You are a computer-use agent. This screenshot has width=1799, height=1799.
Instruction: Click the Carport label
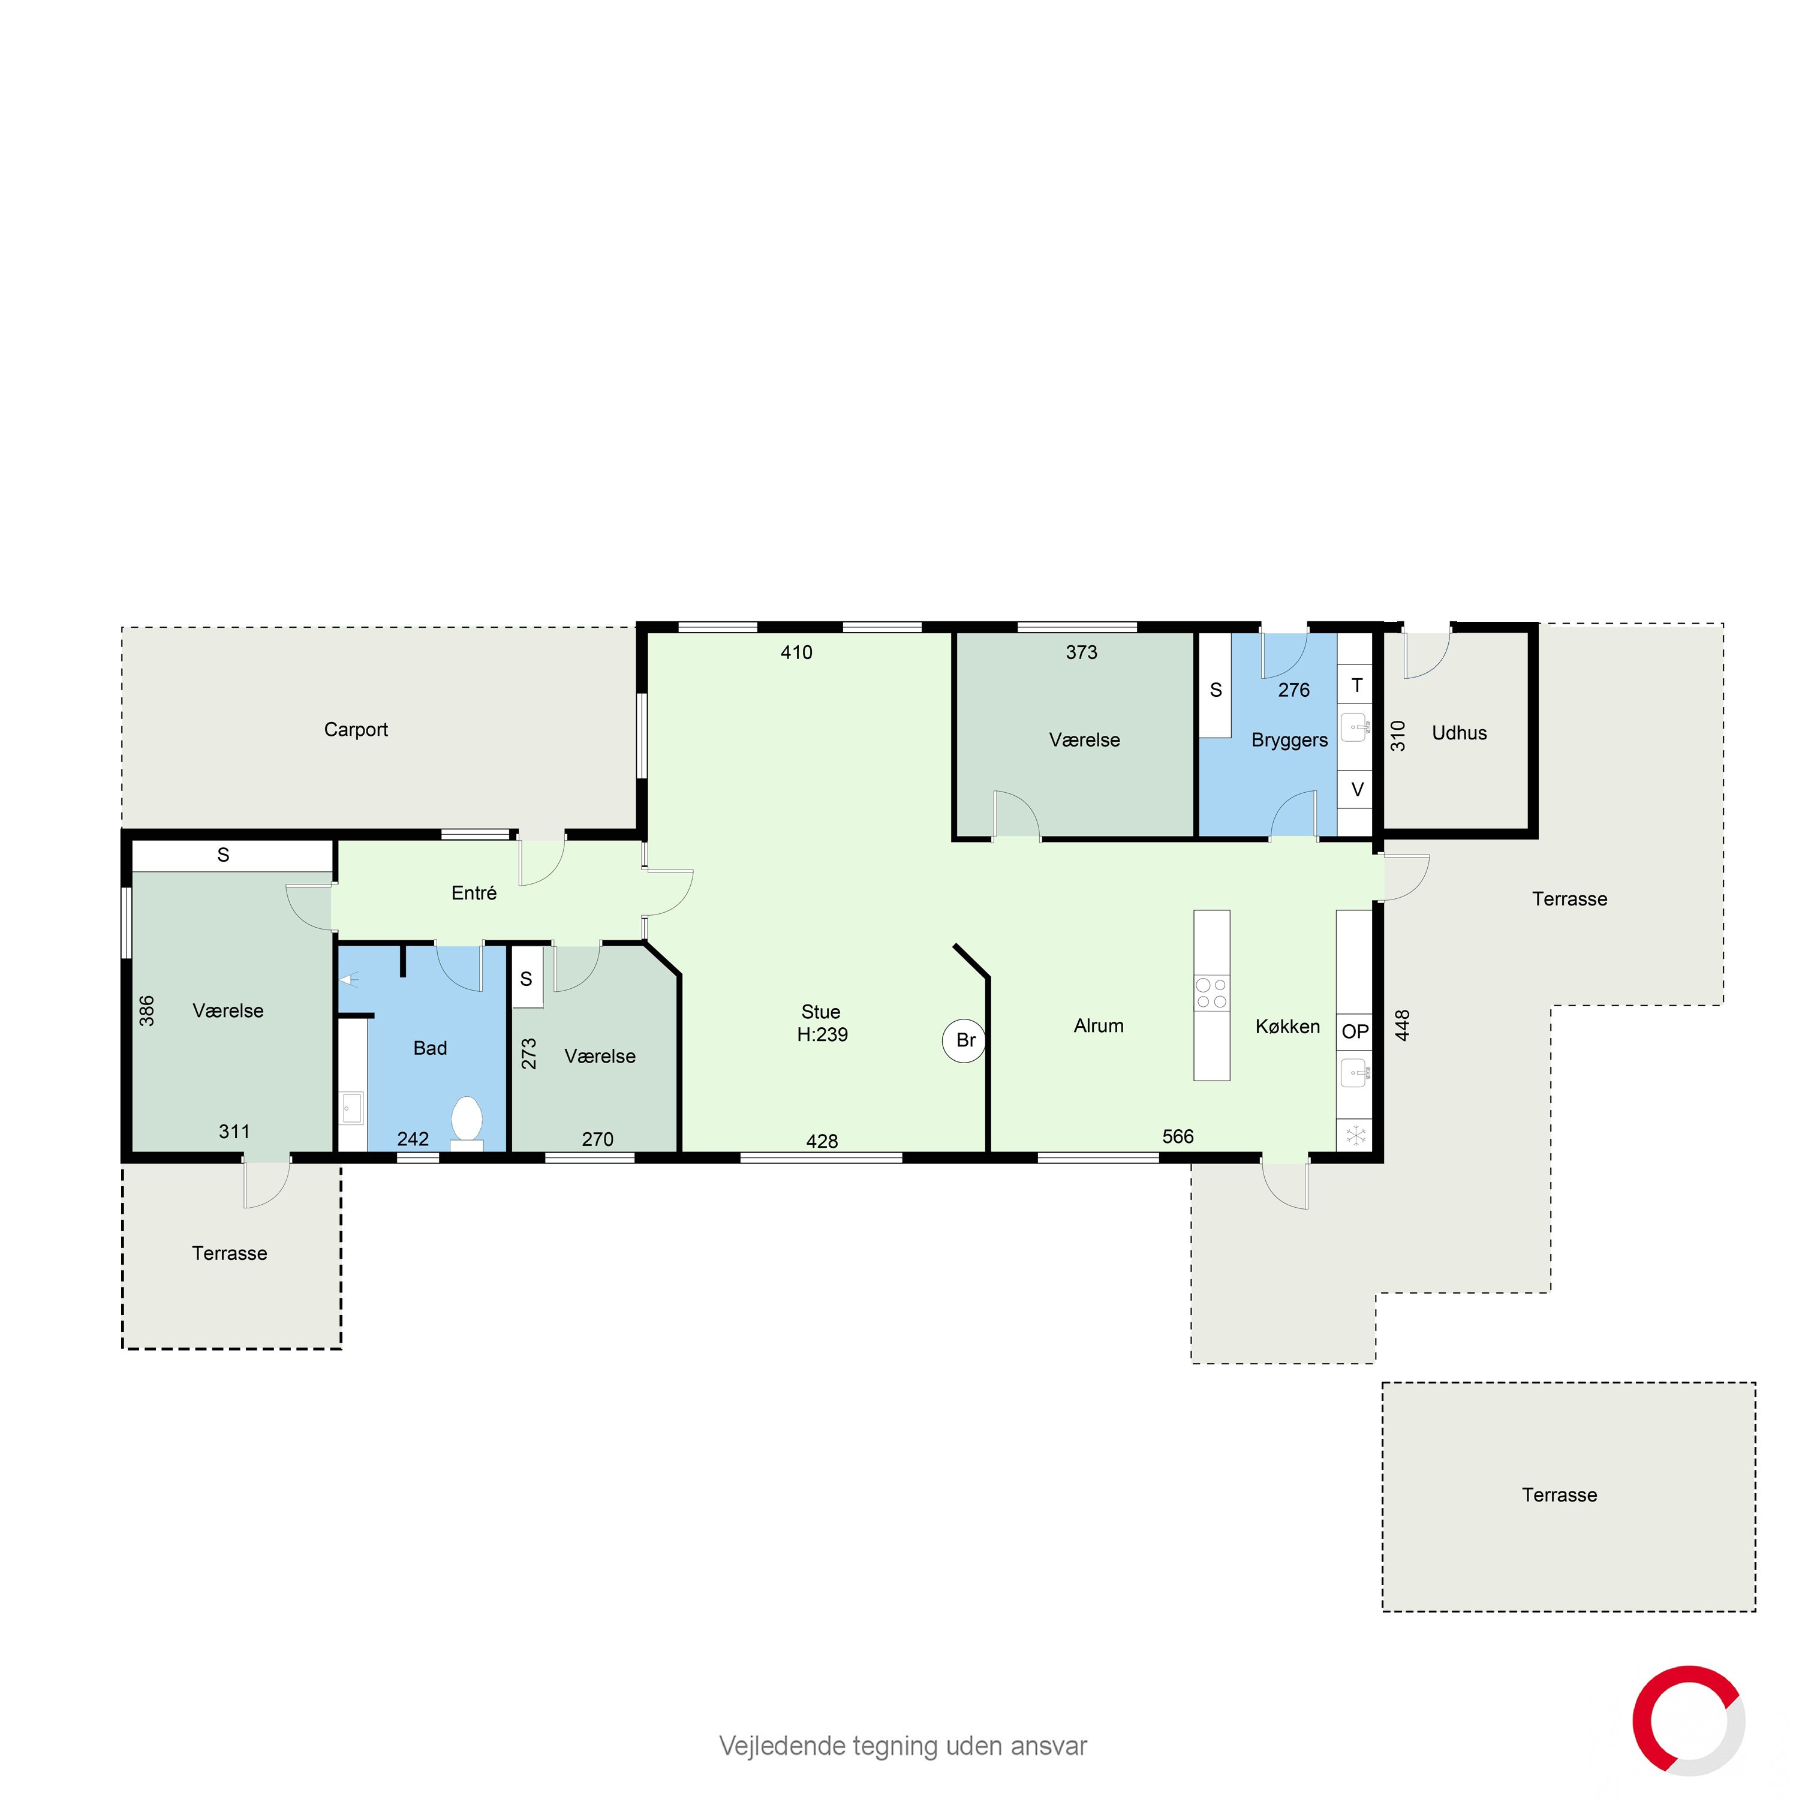tap(356, 730)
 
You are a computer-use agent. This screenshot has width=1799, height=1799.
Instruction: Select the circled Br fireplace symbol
tap(965, 1040)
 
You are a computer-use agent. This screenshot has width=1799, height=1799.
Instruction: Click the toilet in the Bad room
tap(467, 1122)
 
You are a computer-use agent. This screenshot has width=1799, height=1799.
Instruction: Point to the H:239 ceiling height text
tap(822, 1034)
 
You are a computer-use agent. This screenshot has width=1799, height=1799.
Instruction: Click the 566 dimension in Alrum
tap(1178, 1136)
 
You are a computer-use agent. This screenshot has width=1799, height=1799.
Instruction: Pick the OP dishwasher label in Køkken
tap(1355, 1031)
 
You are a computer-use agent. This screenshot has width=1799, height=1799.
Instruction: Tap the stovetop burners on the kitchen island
tap(1211, 992)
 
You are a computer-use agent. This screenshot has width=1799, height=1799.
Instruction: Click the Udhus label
tap(1459, 733)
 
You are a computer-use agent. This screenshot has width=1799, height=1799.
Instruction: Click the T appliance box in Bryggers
tap(1356, 685)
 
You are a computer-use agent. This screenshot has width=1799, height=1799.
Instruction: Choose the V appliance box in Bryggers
tap(1356, 790)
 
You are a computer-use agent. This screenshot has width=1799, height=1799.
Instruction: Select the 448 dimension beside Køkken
tap(1403, 1025)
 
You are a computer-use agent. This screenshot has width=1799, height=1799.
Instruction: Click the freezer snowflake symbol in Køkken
tap(1356, 1135)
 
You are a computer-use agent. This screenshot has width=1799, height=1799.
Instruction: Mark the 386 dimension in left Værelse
tap(147, 1011)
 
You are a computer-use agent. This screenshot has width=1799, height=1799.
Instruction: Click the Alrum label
tap(1099, 1026)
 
